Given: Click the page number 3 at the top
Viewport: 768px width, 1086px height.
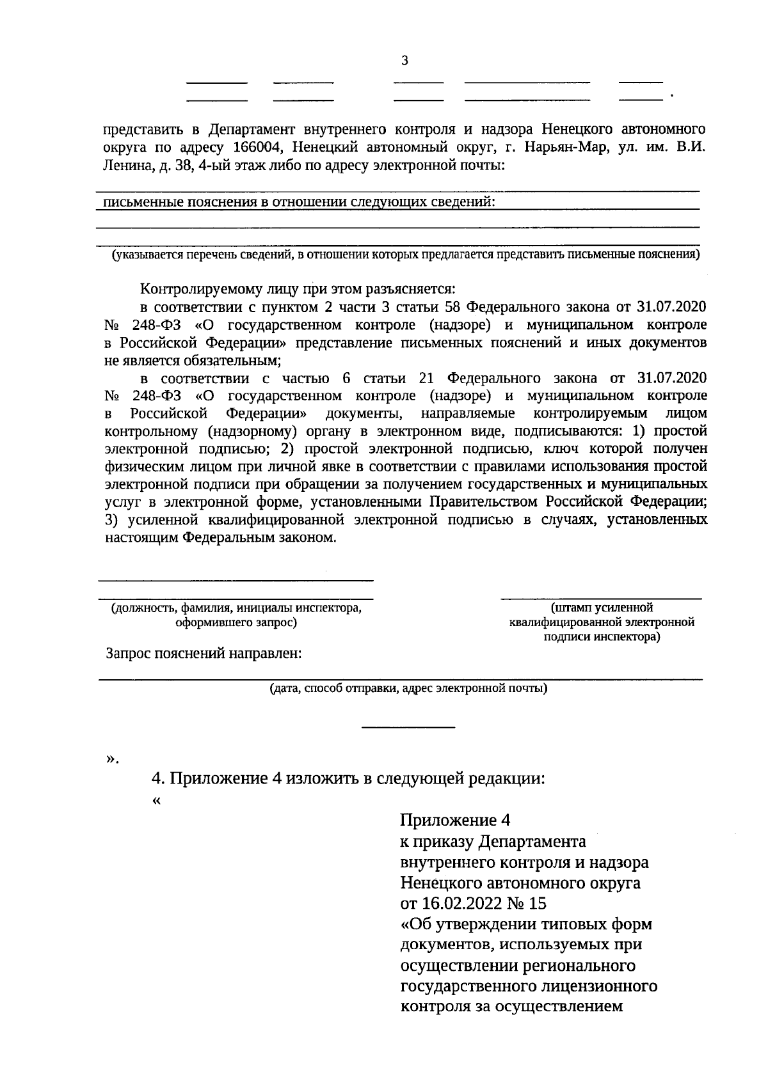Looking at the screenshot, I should [x=403, y=61].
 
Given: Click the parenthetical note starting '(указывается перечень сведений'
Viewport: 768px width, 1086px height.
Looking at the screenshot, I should [x=405, y=255].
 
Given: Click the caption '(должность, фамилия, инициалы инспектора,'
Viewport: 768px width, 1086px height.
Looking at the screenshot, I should [x=236, y=608].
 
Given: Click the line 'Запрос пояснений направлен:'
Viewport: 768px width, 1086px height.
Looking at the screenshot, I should [x=204, y=653].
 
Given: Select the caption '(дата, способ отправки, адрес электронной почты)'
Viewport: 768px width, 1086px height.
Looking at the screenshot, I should [x=408, y=689].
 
